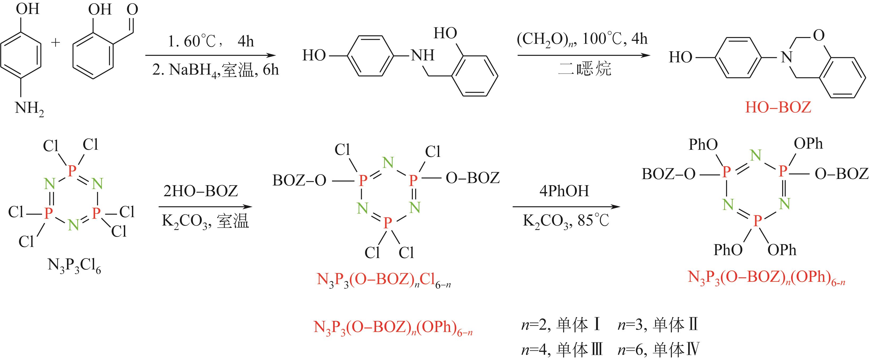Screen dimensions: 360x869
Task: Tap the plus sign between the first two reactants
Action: [x=55, y=43]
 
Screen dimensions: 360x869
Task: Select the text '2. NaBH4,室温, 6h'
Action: [x=215, y=70]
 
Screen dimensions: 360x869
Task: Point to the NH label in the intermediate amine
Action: [x=422, y=55]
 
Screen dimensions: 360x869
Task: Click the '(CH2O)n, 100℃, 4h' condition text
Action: [x=582, y=39]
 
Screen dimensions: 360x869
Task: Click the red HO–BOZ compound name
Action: [x=778, y=107]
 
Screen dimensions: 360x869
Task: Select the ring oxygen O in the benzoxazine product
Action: [x=819, y=35]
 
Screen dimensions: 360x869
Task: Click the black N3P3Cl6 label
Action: [x=74, y=266]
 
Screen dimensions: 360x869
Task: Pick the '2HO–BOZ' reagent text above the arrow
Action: [x=201, y=191]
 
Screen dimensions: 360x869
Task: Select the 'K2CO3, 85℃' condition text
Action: [x=566, y=221]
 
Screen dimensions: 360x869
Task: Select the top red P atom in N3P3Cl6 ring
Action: [x=72, y=171]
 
